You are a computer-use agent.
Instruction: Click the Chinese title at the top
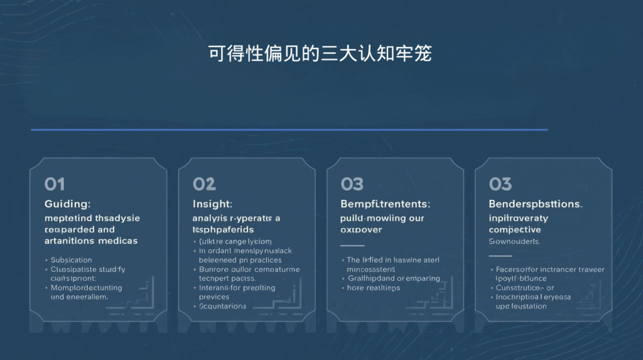tap(320, 54)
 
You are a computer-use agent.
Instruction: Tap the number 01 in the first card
tap(55, 184)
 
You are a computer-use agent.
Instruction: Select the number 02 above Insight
tap(204, 184)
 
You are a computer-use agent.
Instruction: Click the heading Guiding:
tap(68, 204)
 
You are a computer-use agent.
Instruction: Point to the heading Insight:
tap(212, 204)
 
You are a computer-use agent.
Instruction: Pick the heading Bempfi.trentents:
tap(385, 204)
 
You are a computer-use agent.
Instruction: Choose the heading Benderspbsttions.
tap(536, 204)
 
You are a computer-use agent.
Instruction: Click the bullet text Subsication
tap(71, 260)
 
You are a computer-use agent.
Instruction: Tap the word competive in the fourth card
tap(515, 230)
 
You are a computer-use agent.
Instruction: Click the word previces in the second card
tap(214, 297)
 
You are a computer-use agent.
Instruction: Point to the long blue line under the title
tap(289, 130)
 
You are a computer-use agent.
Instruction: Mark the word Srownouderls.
tap(514, 241)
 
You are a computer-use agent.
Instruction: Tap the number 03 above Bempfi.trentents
tap(352, 184)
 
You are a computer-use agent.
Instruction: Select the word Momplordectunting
tap(86, 288)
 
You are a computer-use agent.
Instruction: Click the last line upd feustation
tap(521, 307)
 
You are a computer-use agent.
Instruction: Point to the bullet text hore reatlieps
tap(373, 288)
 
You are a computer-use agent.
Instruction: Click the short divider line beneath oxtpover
tap(352, 246)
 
